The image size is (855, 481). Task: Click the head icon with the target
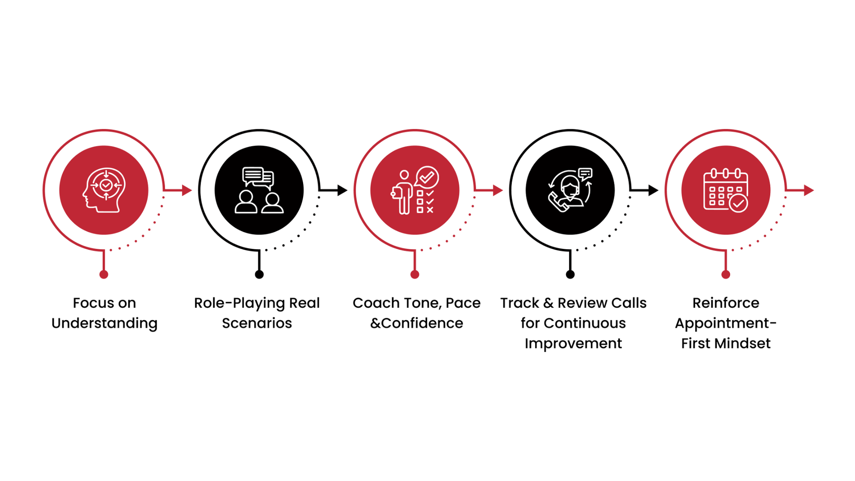104,190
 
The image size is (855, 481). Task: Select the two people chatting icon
259,190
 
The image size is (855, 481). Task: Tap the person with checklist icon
414,190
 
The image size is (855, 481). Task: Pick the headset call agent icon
570,190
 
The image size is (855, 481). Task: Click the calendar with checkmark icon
725,190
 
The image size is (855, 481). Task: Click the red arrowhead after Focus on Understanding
187,190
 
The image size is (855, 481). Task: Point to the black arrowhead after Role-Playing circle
342,190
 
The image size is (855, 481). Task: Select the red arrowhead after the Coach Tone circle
498,190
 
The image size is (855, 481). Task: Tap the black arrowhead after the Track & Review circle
653,190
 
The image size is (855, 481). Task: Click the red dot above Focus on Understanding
104,274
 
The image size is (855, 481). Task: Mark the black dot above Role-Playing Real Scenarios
259,274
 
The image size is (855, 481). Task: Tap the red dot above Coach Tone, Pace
415,274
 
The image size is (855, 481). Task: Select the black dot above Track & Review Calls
570,274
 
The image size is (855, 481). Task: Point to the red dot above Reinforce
725,274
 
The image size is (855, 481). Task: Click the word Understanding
104,324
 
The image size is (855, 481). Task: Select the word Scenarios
257,323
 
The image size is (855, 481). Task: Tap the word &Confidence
417,323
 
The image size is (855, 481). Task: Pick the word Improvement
573,344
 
